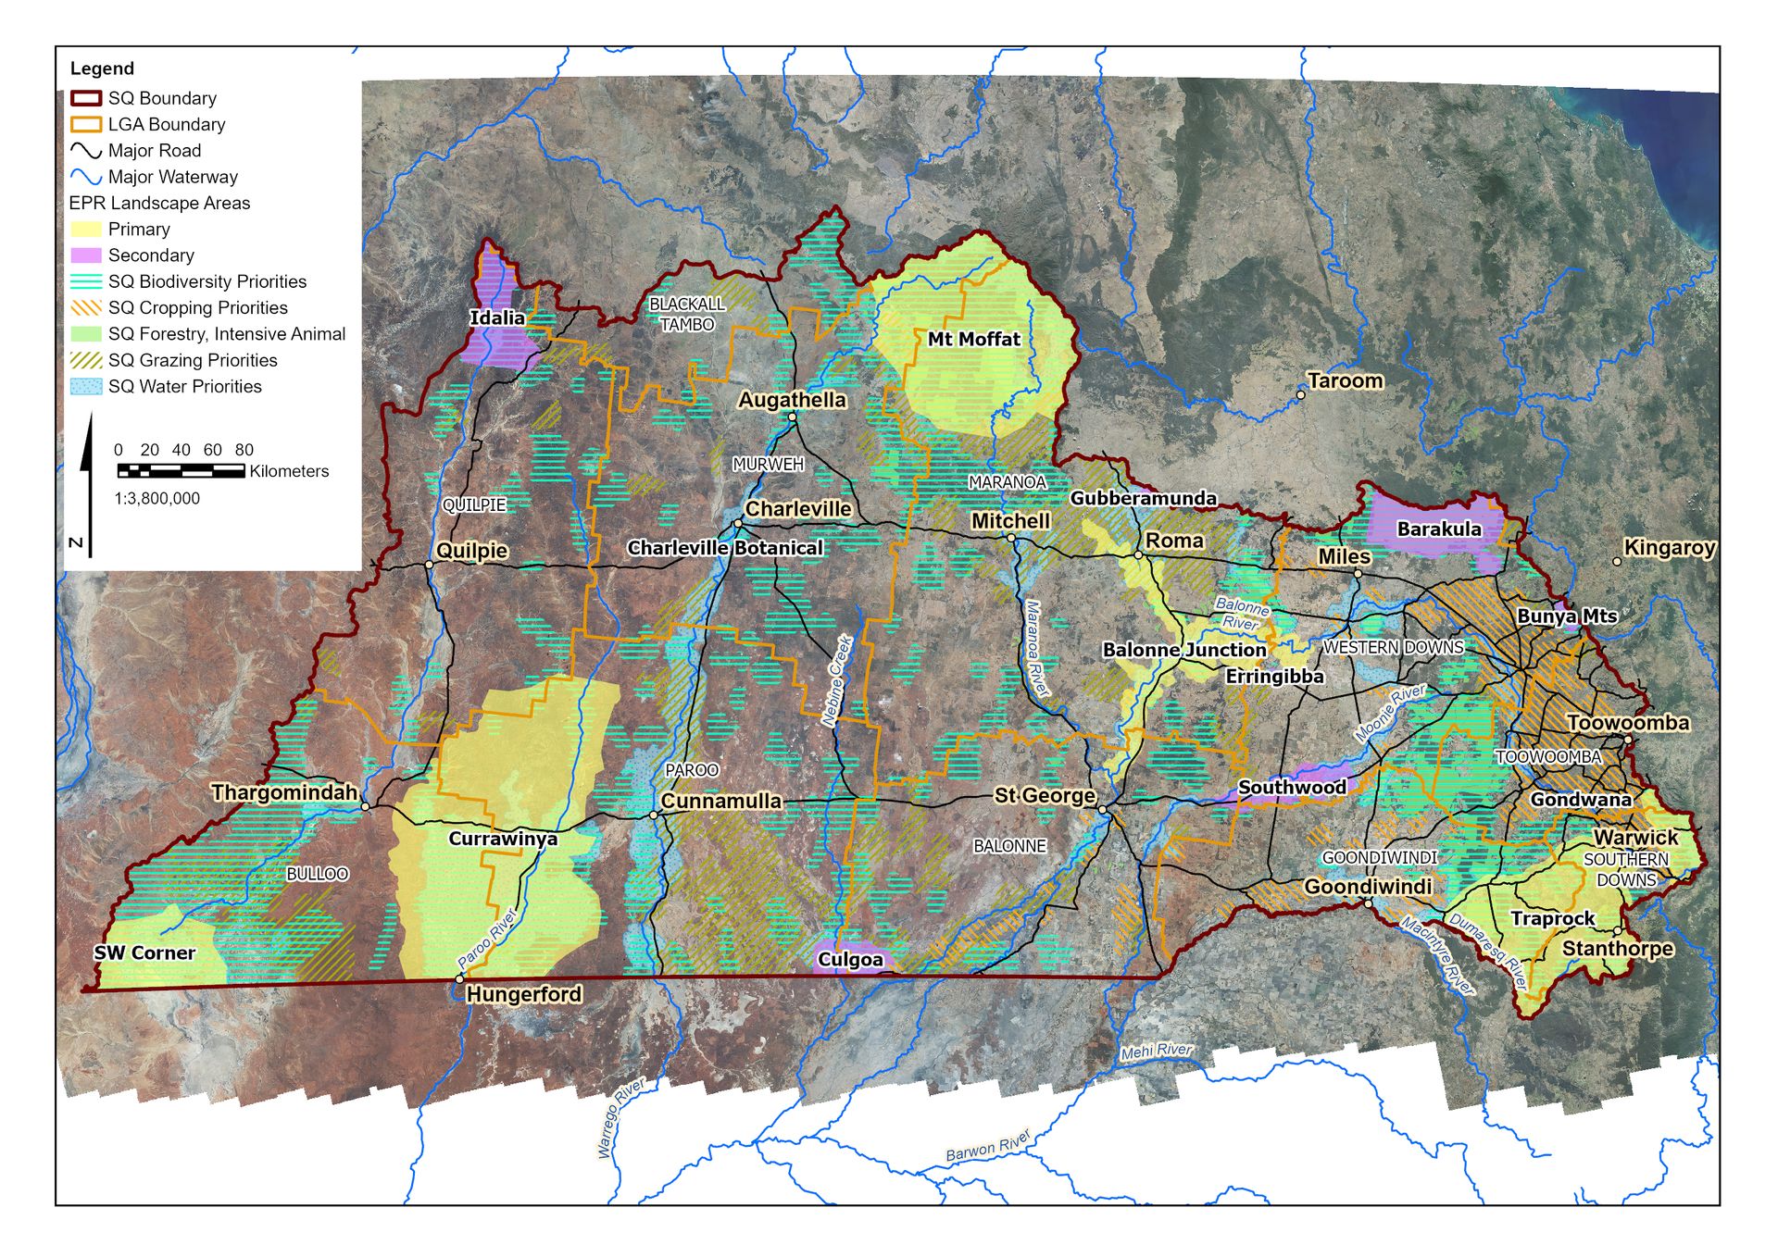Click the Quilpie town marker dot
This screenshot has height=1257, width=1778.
[x=429, y=565]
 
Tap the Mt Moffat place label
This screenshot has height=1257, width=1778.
[x=973, y=340]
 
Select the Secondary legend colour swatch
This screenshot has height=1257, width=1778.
[x=86, y=255]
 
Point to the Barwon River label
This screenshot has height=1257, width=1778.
[x=987, y=1147]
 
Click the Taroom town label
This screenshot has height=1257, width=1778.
[x=1346, y=381]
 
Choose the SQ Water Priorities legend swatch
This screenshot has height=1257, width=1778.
[x=86, y=387]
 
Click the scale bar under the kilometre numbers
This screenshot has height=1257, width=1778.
[x=182, y=472]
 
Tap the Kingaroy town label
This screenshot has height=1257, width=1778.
[x=1669, y=548]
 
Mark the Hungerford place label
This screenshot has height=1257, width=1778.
[x=523, y=995]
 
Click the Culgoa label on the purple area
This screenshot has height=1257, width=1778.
[x=850, y=960]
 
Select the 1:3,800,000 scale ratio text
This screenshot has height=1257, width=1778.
[x=157, y=499]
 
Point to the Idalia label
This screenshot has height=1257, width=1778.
[x=497, y=318]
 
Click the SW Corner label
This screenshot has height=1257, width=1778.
[x=144, y=953]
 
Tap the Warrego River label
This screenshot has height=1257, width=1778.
[x=620, y=1118]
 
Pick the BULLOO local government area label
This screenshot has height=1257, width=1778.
[x=317, y=875]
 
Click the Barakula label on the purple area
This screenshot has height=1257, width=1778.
[x=1438, y=529]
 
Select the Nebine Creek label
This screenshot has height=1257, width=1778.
[x=836, y=680]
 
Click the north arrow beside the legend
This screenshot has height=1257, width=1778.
[x=87, y=481]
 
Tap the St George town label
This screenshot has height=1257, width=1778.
[x=1045, y=796]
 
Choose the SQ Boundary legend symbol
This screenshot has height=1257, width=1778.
[x=86, y=98]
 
